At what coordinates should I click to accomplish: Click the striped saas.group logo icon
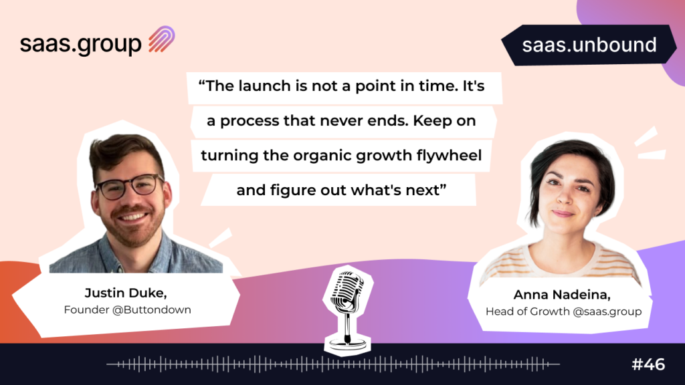coord(162,39)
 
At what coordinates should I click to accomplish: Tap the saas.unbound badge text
coord(589,45)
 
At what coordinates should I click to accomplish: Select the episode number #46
coord(648,364)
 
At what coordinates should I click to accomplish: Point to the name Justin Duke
coord(126,293)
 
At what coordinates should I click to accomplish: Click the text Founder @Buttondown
coord(128,310)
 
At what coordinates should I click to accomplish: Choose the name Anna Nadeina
coord(562,295)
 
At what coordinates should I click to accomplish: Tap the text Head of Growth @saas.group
coord(563,311)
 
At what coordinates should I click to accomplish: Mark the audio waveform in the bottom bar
coord(333,364)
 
